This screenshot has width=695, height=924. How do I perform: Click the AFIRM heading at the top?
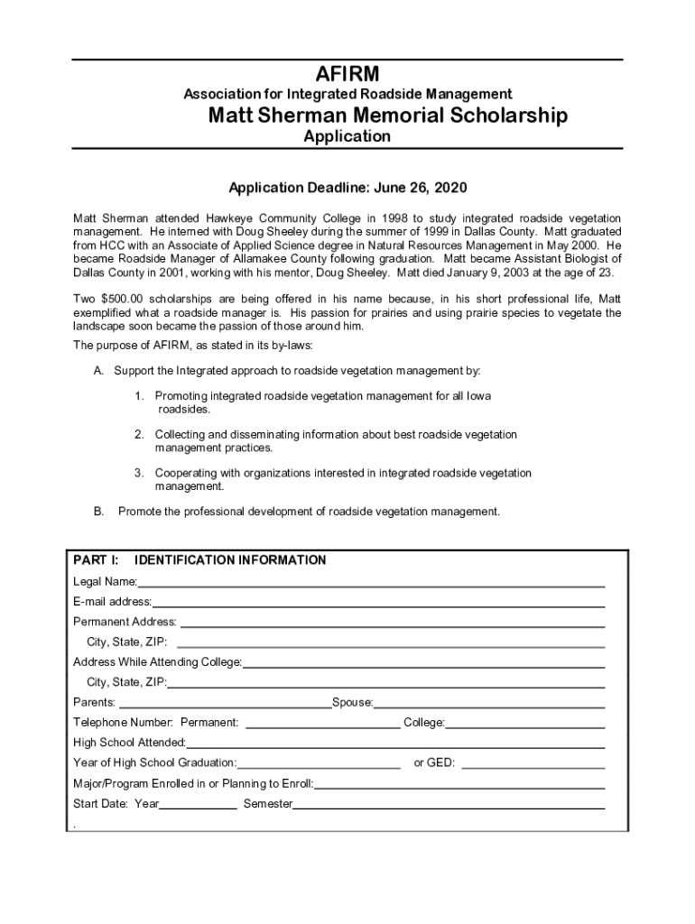point(347,74)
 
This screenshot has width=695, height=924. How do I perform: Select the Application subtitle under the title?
point(347,136)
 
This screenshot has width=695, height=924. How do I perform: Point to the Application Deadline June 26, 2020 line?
point(347,189)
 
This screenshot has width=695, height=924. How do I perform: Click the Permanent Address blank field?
point(392,624)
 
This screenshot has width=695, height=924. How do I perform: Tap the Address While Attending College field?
point(423,664)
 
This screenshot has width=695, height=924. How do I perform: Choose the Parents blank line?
point(225,704)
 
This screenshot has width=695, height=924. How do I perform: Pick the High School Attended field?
point(394,744)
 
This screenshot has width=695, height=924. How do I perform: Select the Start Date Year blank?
point(199,805)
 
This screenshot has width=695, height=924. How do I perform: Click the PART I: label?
point(97,560)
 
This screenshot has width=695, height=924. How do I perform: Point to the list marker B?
point(98,512)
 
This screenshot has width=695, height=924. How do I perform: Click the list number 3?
point(139,473)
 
